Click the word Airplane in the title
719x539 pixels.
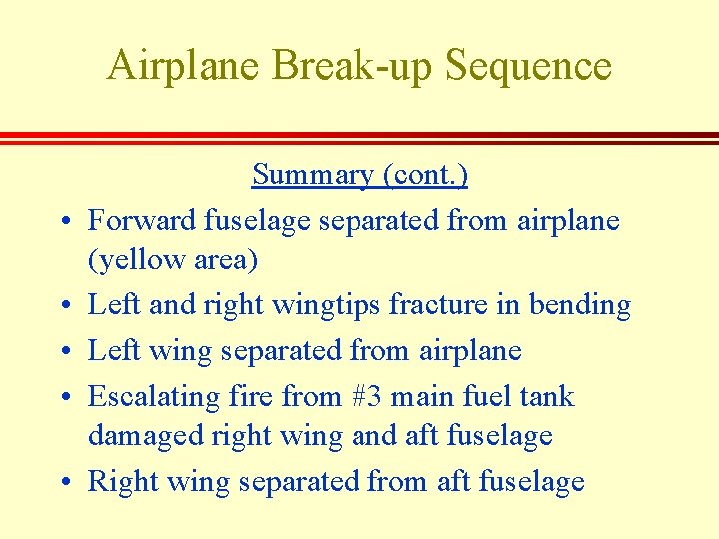tap(183, 66)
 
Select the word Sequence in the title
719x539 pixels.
tap(529, 66)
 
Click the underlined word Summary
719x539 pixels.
tap(314, 175)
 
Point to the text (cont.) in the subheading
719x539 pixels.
tap(425, 175)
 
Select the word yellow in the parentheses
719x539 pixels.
tap(134, 261)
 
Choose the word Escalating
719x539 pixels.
tap(153, 397)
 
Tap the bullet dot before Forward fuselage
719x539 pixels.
tap(61, 221)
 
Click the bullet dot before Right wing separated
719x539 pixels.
tap(61, 484)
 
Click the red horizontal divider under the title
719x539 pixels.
tap(359, 138)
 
